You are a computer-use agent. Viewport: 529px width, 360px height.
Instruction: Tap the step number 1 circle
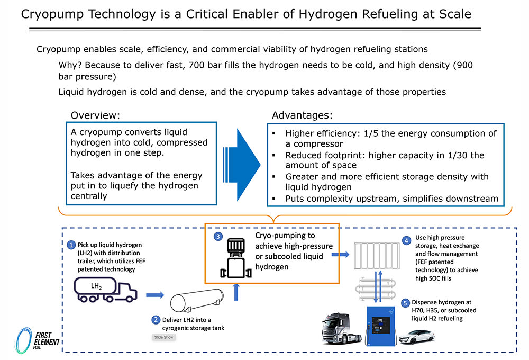tap(71, 245)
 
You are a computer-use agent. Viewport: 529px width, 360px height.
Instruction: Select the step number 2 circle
tap(156, 320)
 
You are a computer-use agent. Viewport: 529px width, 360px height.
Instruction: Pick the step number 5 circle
tap(406, 303)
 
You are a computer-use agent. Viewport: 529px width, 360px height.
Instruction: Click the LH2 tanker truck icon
tap(105, 292)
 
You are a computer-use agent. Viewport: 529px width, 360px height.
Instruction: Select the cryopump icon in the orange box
tap(233, 259)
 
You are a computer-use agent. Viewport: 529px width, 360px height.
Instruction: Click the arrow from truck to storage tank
tap(155, 294)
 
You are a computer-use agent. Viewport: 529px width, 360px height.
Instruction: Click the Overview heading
tap(96, 115)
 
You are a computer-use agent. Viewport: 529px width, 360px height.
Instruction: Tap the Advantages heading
tap(302, 115)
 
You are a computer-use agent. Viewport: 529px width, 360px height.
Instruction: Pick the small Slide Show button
tap(163, 337)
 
